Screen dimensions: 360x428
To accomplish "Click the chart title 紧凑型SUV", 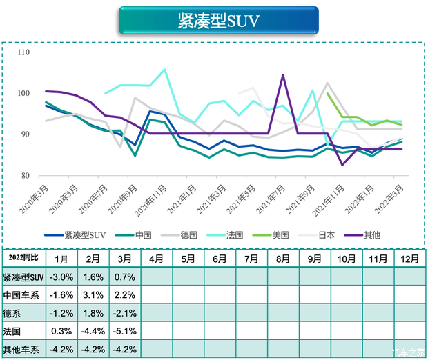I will click(218, 21).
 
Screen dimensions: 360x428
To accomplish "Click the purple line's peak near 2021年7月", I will click(283, 75).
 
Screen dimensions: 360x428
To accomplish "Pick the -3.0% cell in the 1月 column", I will click(61, 277).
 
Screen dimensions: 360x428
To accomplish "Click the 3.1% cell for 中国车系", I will click(93, 295).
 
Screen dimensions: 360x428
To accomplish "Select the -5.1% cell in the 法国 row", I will click(124, 331).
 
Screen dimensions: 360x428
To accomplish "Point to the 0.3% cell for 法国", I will click(61, 331).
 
